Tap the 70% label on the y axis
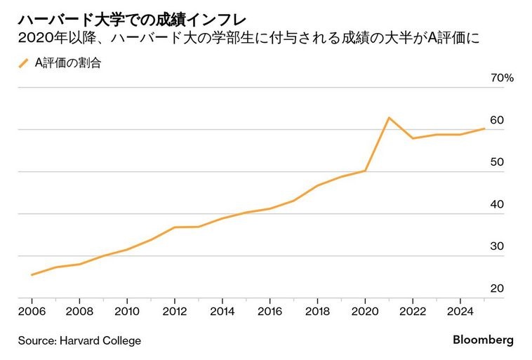(503, 78)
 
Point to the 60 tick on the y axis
(497, 120)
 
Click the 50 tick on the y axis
(497, 162)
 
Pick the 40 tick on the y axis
(497, 204)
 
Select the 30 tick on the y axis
(497, 246)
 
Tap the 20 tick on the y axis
(497, 288)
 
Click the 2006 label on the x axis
(32, 310)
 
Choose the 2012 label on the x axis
(174, 310)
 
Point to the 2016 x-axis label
(270, 310)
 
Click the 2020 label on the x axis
(365, 310)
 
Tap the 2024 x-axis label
(460, 310)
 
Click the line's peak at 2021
(389, 117)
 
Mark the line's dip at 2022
(413, 138)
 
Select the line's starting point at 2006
(32, 275)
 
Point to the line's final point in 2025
(484, 128)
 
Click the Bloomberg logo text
(482, 340)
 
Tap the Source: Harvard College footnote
(79, 340)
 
